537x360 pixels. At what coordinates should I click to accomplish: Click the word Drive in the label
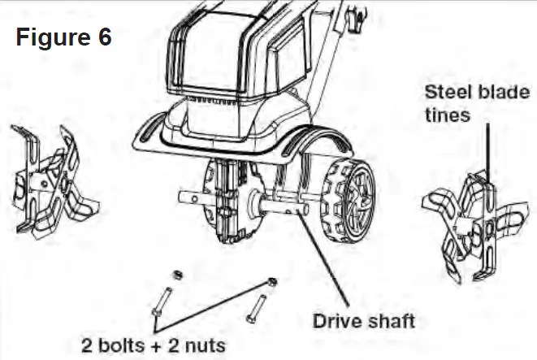pos(340,320)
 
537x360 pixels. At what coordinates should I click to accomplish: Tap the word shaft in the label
pos(390,320)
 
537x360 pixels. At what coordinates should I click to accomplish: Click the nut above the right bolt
pos(273,281)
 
